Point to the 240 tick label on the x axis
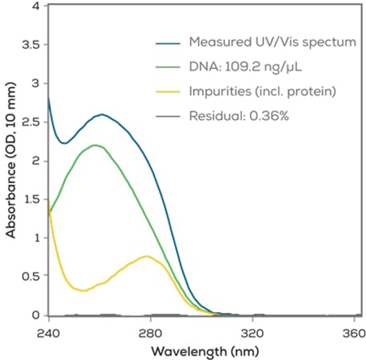point(49,332)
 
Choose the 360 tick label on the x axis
point(354,332)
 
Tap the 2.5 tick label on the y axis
point(29,122)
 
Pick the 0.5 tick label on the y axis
point(29,276)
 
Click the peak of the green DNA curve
point(96,145)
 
